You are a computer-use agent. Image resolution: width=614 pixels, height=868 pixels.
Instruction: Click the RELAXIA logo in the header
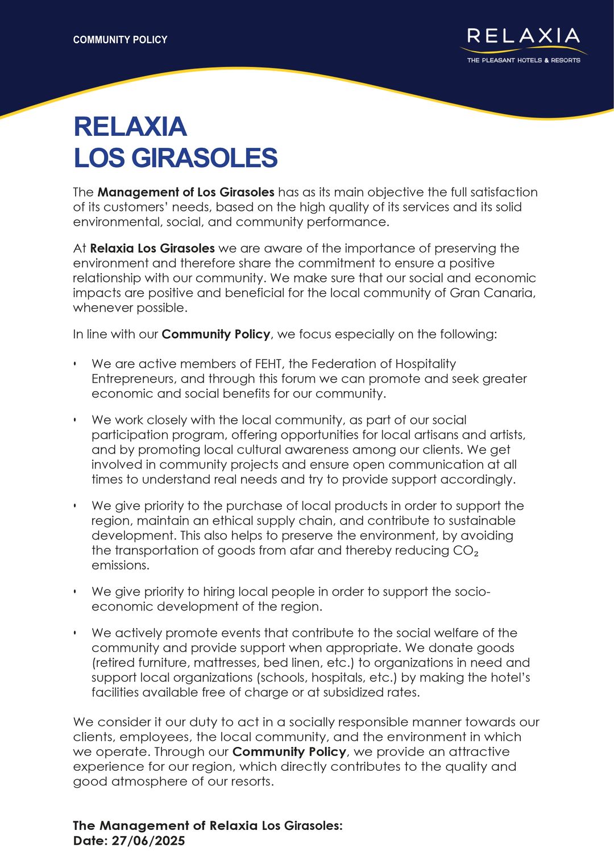(524, 36)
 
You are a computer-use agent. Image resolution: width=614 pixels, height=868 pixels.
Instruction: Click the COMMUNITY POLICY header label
(120, 40)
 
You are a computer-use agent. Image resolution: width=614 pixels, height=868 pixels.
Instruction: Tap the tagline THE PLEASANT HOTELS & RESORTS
(524, 60)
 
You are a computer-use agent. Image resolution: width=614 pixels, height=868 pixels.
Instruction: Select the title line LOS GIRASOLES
(175, 158)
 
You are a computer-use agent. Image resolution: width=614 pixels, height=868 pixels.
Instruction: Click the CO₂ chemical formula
(466, 551)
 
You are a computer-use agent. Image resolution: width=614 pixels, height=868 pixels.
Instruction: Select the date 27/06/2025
(148, 841)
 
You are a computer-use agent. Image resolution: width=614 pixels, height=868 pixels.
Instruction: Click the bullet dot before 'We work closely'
(75, 420)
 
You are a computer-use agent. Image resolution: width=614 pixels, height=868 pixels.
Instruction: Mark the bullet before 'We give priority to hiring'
(75, 592)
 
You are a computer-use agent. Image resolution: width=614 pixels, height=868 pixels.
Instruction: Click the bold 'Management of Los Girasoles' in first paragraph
(186, 192)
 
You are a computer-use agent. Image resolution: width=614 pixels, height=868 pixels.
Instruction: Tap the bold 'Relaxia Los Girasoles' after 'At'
(152, 248)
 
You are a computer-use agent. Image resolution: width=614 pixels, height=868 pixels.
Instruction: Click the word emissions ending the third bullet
(120, 566)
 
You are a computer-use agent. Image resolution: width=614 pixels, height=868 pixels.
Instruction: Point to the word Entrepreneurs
(132, 379)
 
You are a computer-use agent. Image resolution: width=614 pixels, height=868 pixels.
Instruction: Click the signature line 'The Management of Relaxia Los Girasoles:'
(208, 825)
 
